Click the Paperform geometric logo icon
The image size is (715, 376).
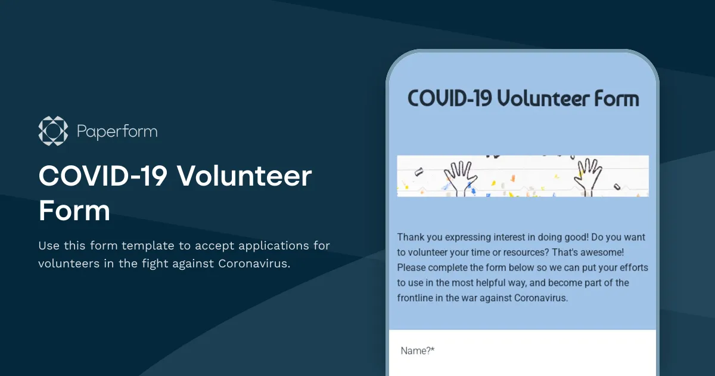(x=53, y=131)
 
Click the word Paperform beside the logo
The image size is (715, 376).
(x=117, y=131)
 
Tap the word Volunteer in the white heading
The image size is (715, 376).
(x=244, y=176)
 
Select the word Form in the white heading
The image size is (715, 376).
(x=74, y=211)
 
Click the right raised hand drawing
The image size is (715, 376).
(x=589, y=173)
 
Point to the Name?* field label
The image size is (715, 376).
(x=417, y=351)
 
